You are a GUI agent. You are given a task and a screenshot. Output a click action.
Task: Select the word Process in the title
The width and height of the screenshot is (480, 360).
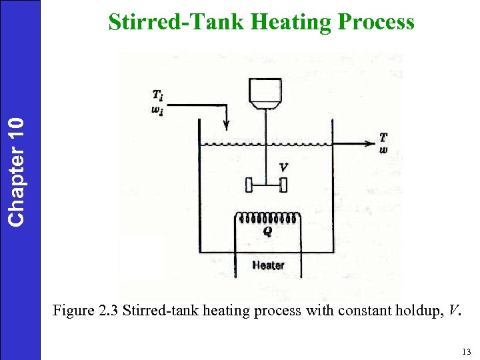coord(377,22)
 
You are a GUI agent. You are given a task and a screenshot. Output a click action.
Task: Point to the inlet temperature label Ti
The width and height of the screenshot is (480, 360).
coord(157,96)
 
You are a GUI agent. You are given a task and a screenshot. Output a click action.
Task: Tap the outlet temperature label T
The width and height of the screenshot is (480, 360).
coord(383,137)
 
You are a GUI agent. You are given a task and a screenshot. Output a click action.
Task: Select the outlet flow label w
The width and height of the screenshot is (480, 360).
coord(383,149)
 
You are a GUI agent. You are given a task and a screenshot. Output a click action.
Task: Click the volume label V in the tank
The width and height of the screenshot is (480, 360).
coord(284,168)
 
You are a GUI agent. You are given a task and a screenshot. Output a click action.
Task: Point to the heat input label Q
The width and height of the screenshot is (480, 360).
coord(267,231)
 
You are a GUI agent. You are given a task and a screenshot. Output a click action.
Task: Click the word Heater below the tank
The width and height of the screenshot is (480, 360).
coord(268,265)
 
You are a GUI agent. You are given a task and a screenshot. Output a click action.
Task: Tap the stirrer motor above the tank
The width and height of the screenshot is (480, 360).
coord(266,93)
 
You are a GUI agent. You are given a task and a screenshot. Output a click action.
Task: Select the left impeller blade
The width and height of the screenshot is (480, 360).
coord(249,184)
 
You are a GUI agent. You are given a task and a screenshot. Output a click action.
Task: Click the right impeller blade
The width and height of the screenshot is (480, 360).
coord(284,184)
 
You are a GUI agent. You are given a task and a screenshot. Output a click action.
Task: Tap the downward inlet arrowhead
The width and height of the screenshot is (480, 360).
coord(227,125)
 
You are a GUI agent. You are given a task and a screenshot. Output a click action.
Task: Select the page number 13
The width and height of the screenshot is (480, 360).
coord(465,351)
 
